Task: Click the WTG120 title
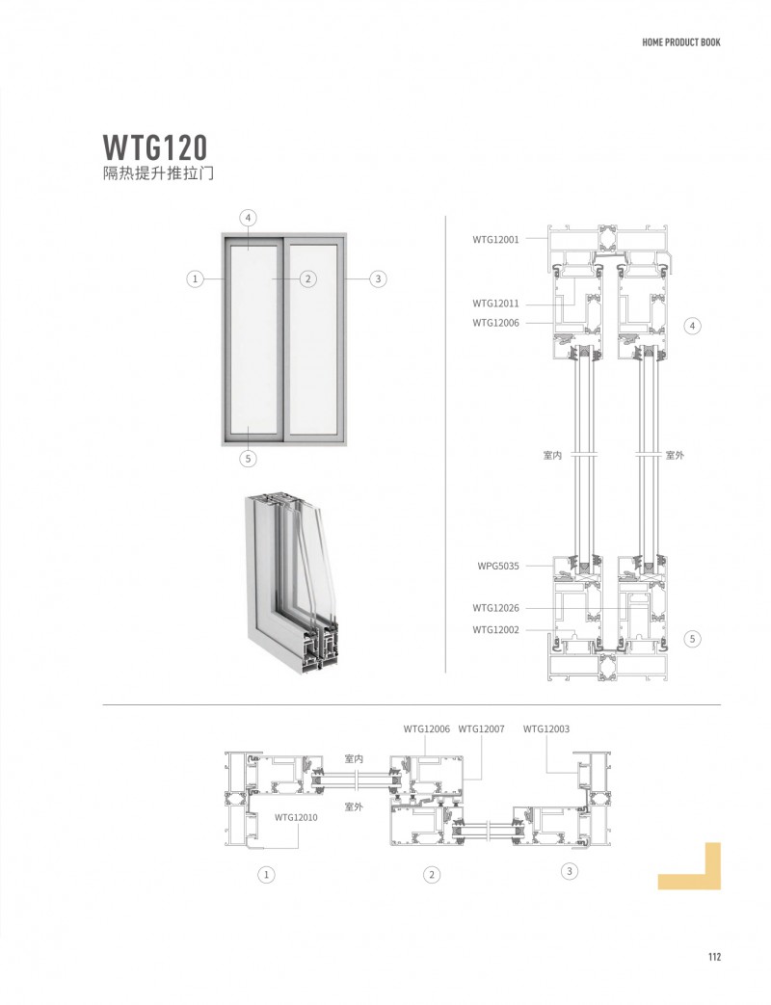(x=155, y=147)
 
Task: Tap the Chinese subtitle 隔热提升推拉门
(x=157, y=175)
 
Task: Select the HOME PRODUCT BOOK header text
(x=681, y=42)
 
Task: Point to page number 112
(x=714, y=957)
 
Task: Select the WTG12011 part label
(x=495, y=304)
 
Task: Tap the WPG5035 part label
(x=497, y=567)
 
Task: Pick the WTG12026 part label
(x=495, y=608)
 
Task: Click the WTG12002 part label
(x=495, y=629)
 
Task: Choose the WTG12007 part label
(x=481, y=729)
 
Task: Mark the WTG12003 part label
(x=546, y=729)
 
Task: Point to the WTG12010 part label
(x=296, y=817)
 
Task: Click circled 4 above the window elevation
(x=249, y=218)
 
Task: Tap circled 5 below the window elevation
(x=249, y=459)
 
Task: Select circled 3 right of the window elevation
(x=378, y=279)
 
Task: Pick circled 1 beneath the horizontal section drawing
(x=267, y=875)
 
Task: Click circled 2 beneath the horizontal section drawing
(x=433, y=875)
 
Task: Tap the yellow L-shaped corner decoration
(x=699, y=869)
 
